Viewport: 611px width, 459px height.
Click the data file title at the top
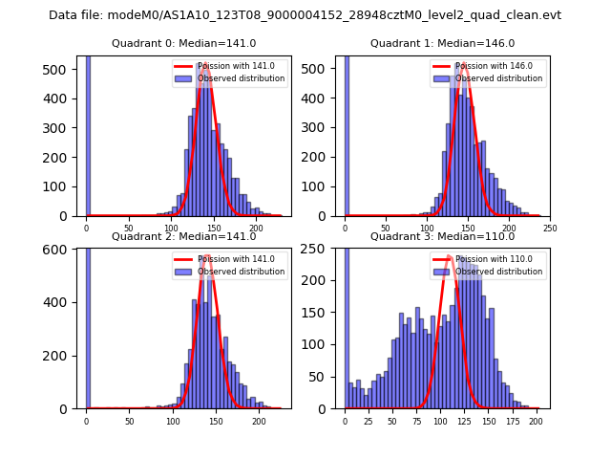tap(305, 15)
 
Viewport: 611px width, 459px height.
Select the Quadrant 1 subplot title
tap(442, 43)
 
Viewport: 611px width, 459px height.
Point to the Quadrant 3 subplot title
tap(442, 236)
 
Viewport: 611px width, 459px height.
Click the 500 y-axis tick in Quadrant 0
tap(70, 70)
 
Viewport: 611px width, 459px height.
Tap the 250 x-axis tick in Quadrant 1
tap(550, 228)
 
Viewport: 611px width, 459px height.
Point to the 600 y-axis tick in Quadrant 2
tap(70, 250)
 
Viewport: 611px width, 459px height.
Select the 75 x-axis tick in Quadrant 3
tap(416, 421)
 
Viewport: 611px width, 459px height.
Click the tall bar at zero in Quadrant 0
tap(87, 134)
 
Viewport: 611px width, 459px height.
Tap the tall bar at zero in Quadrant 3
tap(346, 325)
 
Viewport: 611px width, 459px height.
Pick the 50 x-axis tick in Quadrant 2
tap(129, 421)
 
